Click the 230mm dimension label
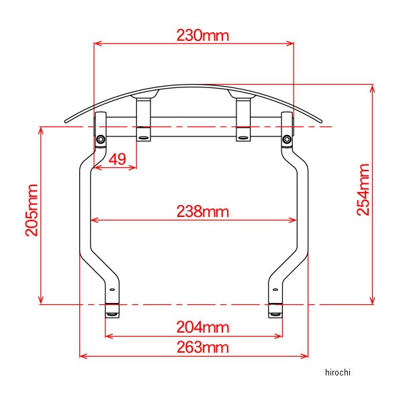click(x=203, y=36)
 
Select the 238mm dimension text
click(x=203, y=212)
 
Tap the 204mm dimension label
click(x=203, y=328)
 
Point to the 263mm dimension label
click(x=203, y=347)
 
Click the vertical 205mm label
click(x=32, y=210)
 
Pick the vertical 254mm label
click(x=363, y=189)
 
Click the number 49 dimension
click(x=118, y=159)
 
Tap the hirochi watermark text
click(x=337, y=372)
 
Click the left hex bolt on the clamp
click(x=101, y=140)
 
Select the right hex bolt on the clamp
click(x=287, y=140)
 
